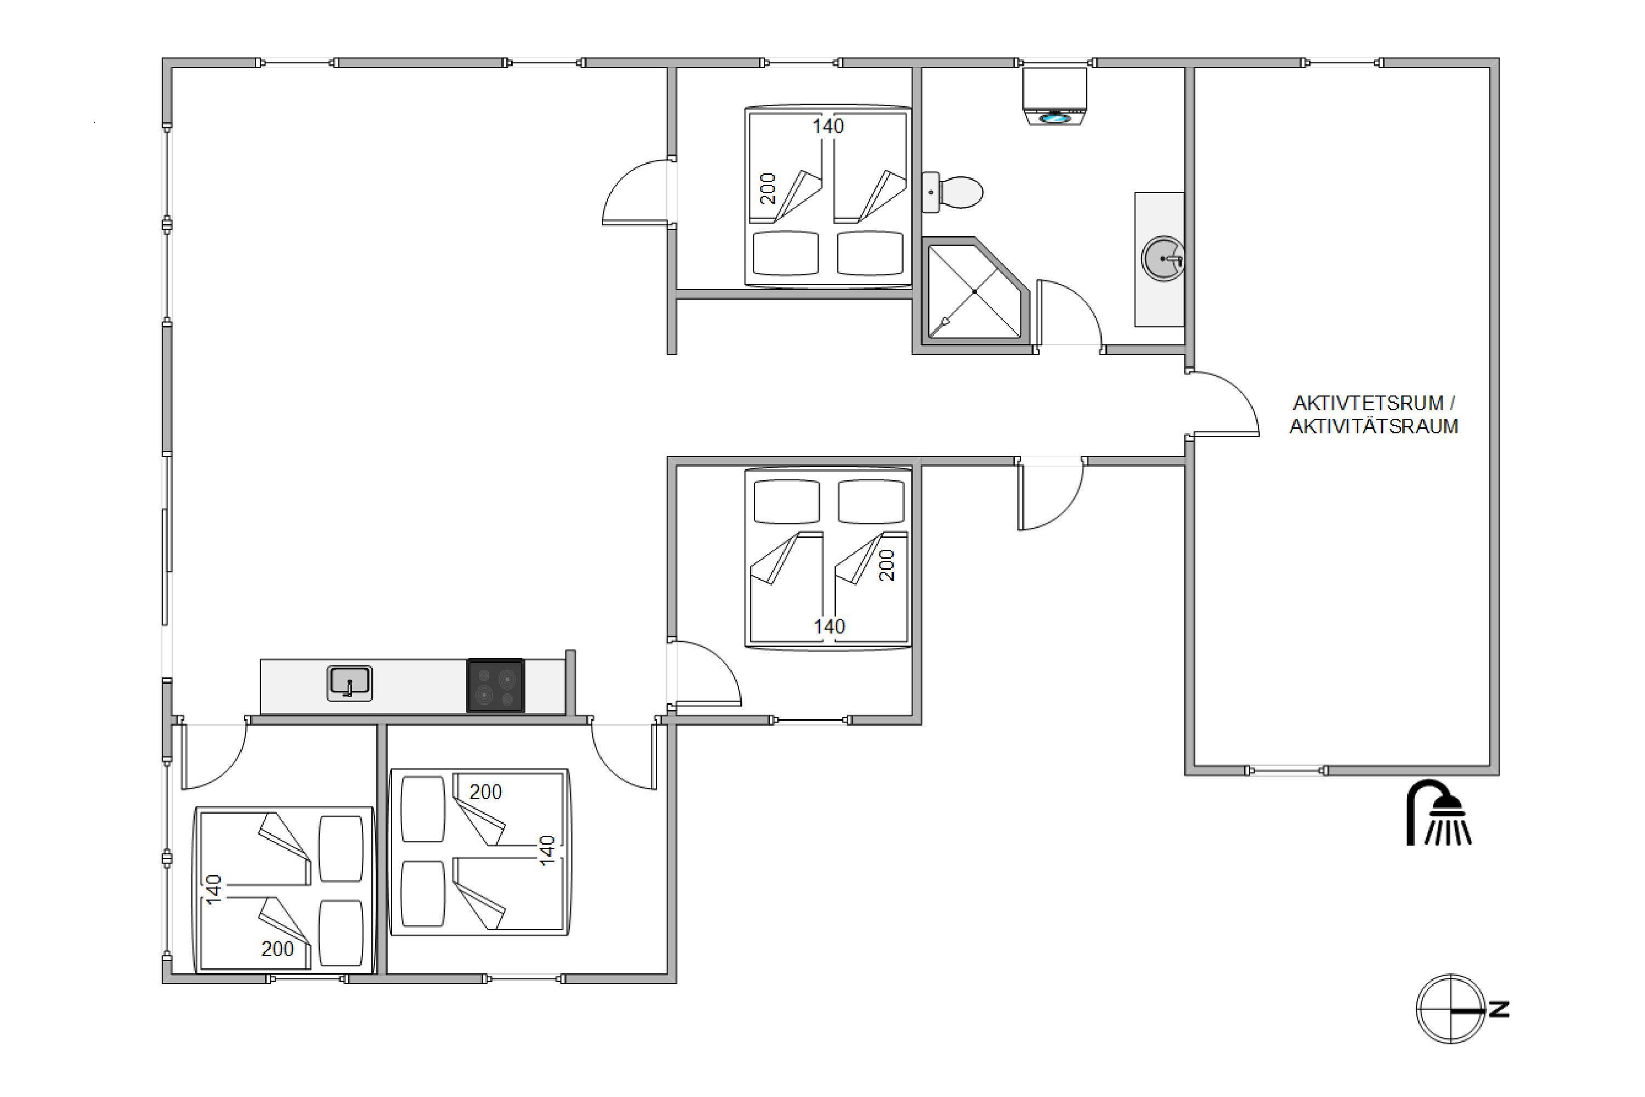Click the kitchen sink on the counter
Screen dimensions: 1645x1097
click(x=350, y=683)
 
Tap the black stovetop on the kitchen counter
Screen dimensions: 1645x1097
click(x=495, y=686)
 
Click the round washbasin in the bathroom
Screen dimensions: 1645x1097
click(x=1162, y=259)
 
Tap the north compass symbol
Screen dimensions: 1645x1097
click(x=1450, y=1009)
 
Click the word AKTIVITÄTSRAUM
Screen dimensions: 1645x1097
click(x=1374, y=426)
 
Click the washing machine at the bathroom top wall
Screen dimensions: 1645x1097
click(x=1054, y=97)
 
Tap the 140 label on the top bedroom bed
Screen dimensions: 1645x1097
click(x=828, y=127)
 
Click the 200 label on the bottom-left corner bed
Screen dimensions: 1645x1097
click(x=277, y=949)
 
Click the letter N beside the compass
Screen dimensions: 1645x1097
click(x=1500, y=1009)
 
